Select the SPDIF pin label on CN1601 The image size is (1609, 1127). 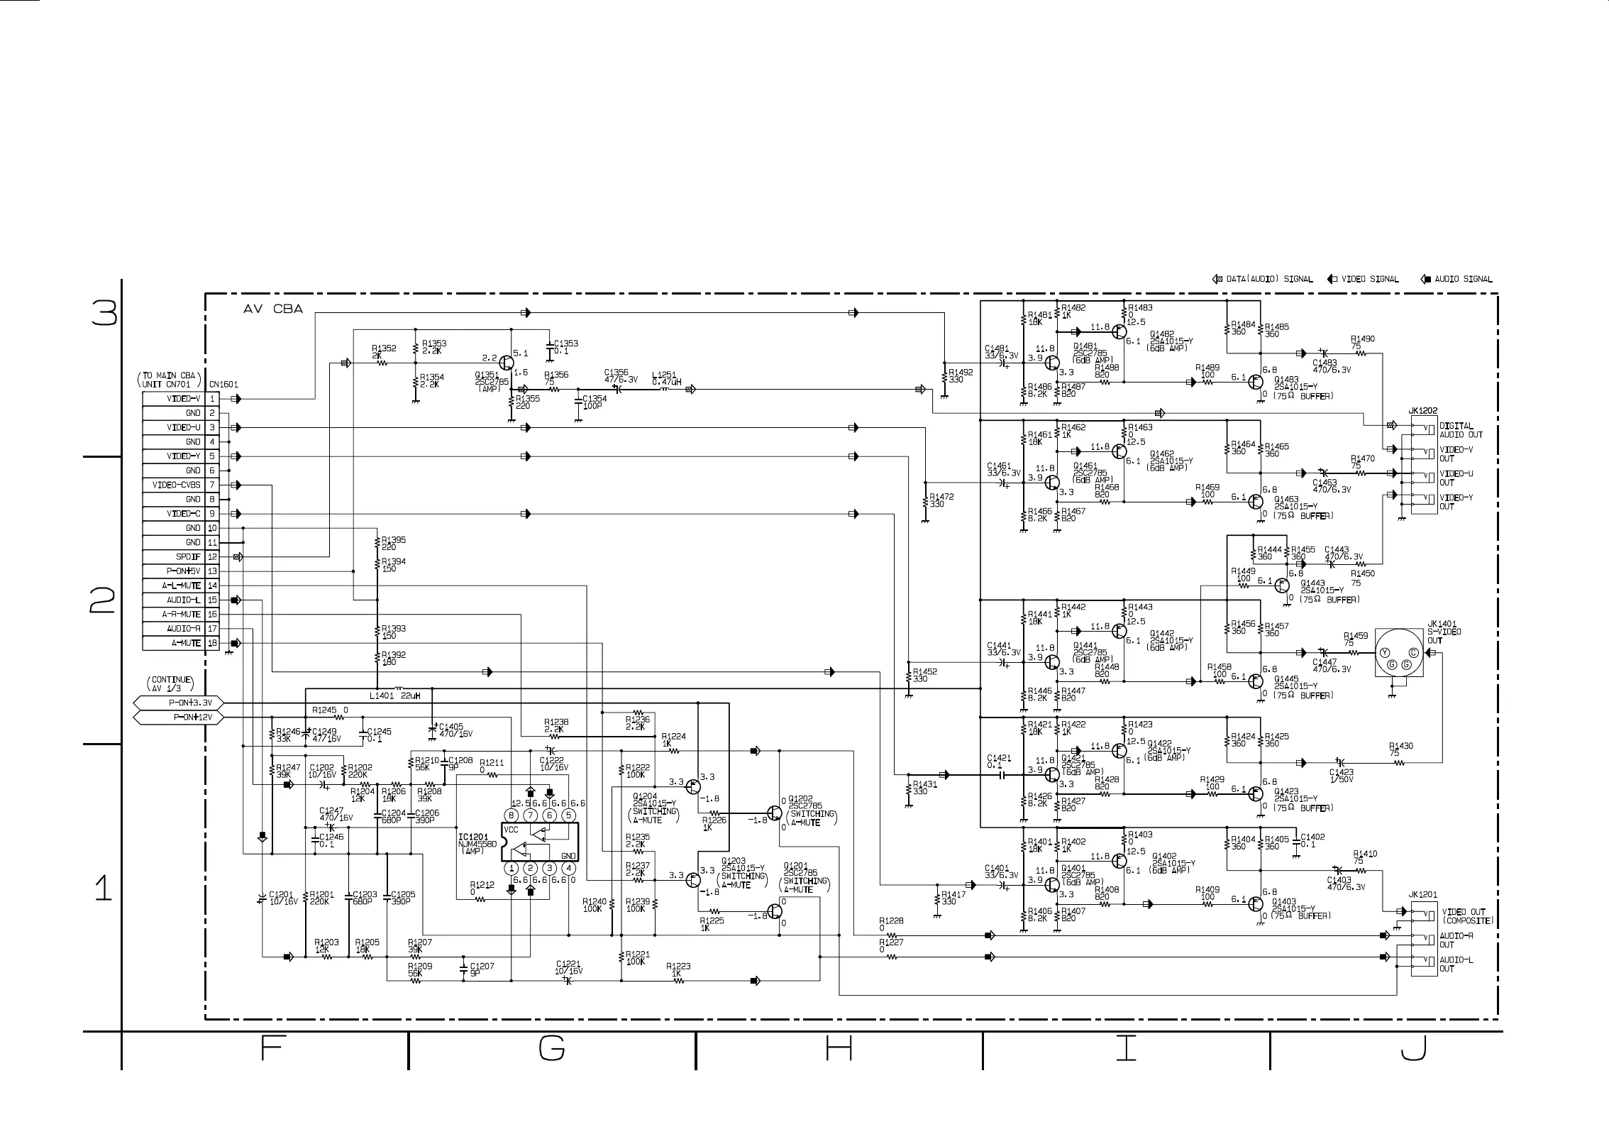coord(188,557)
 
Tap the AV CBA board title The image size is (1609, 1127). coord(273,309)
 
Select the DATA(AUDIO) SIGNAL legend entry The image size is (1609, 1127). coord(1263,279)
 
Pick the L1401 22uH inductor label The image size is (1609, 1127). coord(394,696)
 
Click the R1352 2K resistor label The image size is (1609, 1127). coord(384,352)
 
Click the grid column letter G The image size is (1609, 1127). coord(552,1048)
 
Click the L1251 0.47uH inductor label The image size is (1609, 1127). coord(666,378)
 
